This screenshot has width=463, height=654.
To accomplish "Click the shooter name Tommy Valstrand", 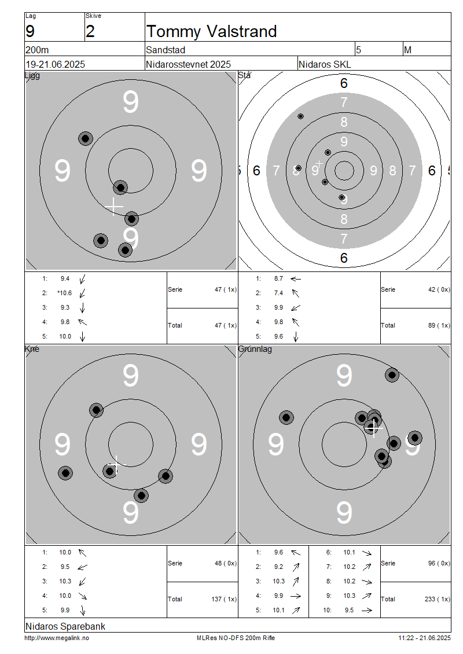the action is (x=211, y=32).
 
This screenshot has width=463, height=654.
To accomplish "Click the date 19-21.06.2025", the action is (x=55, y=64).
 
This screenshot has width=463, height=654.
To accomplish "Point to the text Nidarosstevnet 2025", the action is (x=188, y=64).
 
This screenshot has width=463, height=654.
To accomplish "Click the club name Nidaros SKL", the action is (x=325, y=64).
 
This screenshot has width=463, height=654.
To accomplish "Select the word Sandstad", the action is (x=166, y=50).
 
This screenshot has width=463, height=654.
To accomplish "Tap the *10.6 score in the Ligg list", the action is (x=65, y=293).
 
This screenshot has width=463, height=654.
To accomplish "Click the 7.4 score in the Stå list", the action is (x=278, y=293).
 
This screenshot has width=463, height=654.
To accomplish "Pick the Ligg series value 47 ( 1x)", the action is (x=226, y=289).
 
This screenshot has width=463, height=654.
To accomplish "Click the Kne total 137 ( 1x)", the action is (x=224, y=599).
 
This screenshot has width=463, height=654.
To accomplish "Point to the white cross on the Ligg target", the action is (x=114, y=206).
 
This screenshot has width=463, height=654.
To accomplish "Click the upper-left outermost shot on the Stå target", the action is (x=300, y=116).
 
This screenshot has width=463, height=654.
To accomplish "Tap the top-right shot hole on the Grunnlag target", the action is (x=392, y=375).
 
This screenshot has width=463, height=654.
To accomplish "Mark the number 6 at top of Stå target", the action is (x=344, y=83).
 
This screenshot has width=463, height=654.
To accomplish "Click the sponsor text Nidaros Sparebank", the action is (x=65, y=626).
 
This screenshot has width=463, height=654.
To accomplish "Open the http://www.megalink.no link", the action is (x=57, y=638).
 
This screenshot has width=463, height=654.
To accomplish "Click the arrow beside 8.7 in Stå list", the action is (x=296, y=279).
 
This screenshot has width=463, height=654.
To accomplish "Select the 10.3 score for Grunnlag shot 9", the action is (x=350, y=596).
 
